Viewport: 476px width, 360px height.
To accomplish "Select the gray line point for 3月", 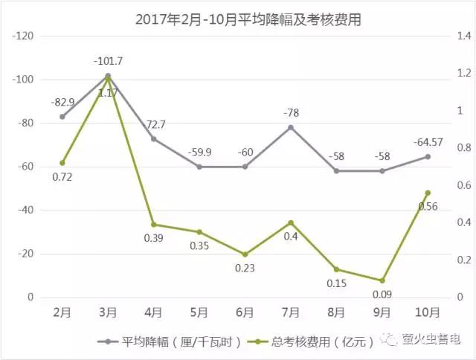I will point(108,76).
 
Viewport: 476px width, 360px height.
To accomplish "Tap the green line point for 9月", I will point(382,280).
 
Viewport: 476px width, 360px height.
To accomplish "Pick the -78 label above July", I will point(291,112).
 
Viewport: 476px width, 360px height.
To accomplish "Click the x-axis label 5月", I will point(199,312).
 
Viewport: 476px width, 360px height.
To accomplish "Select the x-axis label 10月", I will point(428,312).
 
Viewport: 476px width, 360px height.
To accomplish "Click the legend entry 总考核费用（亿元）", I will point(312,342).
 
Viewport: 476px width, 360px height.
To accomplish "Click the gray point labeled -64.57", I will point(428,156).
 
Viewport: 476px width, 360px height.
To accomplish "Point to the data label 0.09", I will point(383,295).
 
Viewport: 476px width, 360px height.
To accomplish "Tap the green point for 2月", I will point(62,163).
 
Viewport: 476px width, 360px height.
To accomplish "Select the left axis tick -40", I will point(26,210).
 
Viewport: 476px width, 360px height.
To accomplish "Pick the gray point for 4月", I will point(153,139).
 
